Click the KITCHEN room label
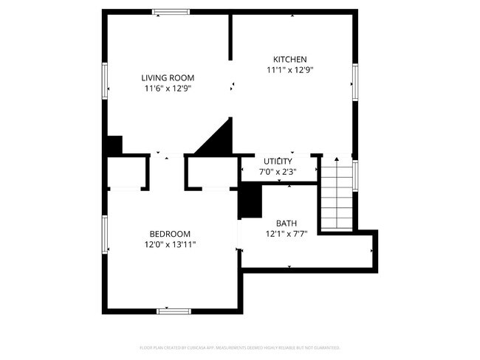pos(290,59)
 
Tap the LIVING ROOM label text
pos(168,77)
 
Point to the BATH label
pos(287,224)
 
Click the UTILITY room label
pos(278,161)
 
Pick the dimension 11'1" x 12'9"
pos(290,71)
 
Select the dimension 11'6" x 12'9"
pos(168,89)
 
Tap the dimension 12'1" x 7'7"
pos(287,235)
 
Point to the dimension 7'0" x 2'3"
pos(278,172)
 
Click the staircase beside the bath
pos(337,195)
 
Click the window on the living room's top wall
pos(171,11)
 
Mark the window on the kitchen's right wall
pos(355,83)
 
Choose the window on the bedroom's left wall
pos(106,235)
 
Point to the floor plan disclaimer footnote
pos(239,347)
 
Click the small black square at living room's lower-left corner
pos(113,145)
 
